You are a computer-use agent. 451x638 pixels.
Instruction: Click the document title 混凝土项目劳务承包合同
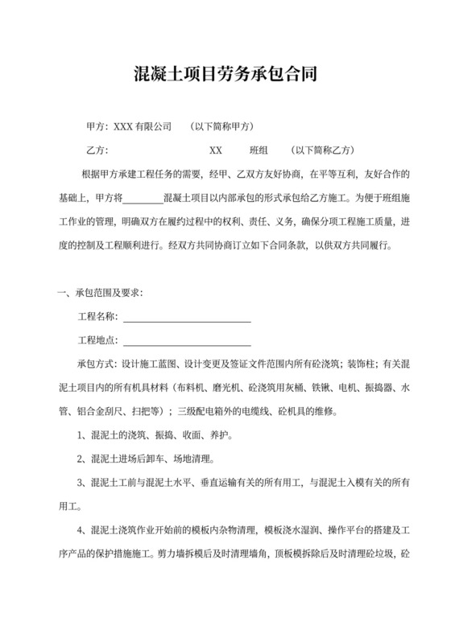225,76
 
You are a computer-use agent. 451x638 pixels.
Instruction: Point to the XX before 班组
216,150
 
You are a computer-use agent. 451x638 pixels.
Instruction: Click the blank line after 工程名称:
186,316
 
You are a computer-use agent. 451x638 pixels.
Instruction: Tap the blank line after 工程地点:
186,340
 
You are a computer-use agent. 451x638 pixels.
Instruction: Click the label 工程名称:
97,316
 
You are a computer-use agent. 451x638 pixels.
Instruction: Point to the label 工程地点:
97,340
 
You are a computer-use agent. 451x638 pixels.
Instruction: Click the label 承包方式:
97,364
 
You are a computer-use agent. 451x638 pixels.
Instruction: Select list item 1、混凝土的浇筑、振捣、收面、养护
155,435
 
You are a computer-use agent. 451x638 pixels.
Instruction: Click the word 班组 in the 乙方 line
259,150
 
